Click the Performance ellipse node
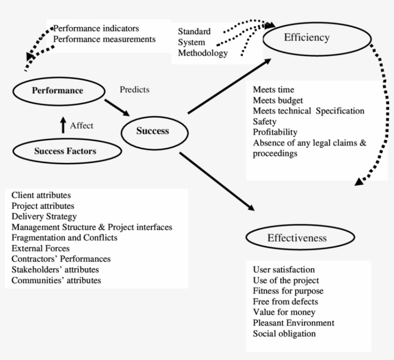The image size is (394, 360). [58, 90]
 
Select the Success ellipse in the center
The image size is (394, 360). [152, 131]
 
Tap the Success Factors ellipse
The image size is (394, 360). [65, 151]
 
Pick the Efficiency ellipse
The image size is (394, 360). [306, 38]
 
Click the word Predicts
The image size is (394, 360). [134, 89]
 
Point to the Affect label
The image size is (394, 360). [82, 126]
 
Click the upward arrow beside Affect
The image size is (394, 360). [62, 125]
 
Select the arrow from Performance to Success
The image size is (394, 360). [117, 107]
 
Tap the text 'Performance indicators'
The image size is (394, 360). [96, 28]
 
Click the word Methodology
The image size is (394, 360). [203, 53]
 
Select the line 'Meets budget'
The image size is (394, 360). [278, 100]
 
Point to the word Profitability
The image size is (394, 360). [275, 132]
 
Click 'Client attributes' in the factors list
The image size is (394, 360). [41, 195]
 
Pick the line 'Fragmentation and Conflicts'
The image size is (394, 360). [64, 238]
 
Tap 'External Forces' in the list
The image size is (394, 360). [40, 248]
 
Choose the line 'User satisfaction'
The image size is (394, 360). [283, 270]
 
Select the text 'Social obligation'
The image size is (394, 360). [284, 334]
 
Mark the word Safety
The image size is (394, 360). [264, 121]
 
